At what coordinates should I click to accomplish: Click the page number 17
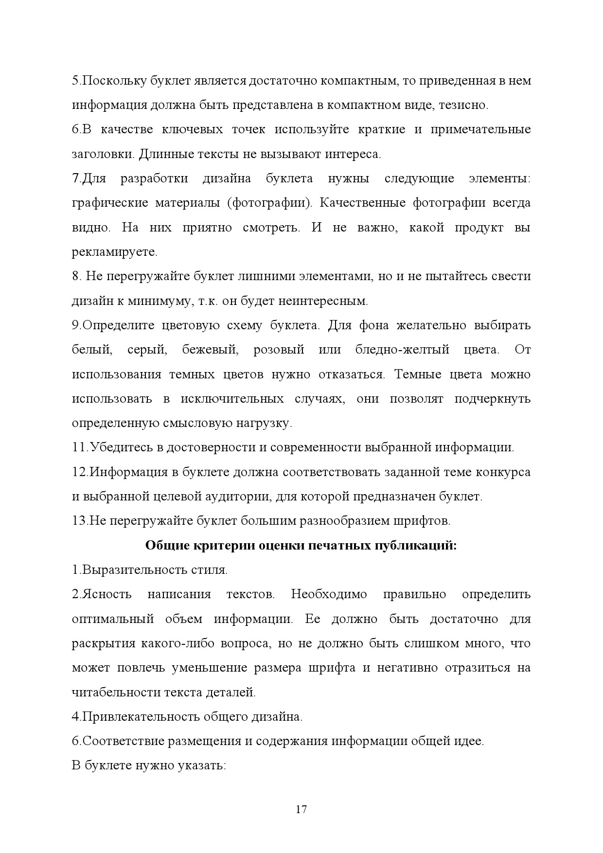(x=301, y=810)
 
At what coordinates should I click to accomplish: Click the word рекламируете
(x=114, y=252)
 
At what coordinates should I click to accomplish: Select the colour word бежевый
(x=210, y=350)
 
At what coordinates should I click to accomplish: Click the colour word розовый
(x=279, y=350)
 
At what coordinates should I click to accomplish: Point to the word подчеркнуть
(x=492, y=399)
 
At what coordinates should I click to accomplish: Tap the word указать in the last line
(x=204, y=765)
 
